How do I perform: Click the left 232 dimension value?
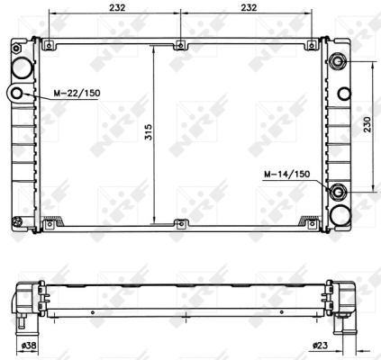[x=117, y=7]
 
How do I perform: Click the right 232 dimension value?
[x=249, y=7]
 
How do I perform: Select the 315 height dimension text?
[x=149, y=132]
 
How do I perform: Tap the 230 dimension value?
[x=367, y=124]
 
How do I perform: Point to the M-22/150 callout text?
[x=77, y=93]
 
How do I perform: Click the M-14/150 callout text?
[x=286, y=174]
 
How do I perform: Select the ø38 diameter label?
[x=29, y=346]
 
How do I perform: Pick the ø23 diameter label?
[x=320, y=346]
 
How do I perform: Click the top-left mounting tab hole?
[x=49, y=46]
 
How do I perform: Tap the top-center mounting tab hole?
[x=180, y=46]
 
